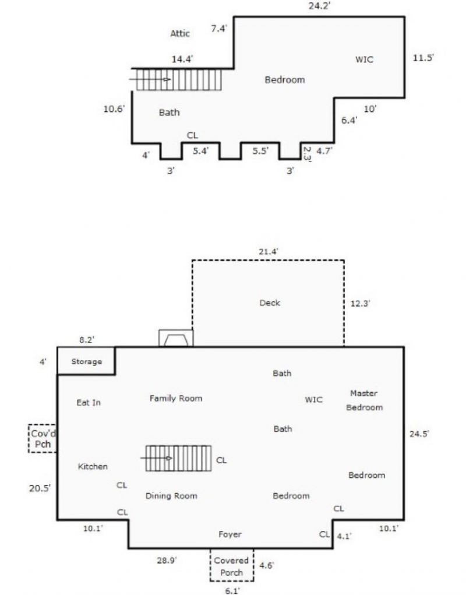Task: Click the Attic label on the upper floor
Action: pos(180,34)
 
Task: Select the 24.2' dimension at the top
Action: pos(320,6)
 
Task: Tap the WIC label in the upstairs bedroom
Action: pos(364,59)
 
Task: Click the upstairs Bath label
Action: pos(169,112)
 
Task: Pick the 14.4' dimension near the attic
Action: pos(183,59)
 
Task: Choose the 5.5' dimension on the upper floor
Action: pos(260,150)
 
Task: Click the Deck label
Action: pos(270,302)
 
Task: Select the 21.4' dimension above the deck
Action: pos(269,251)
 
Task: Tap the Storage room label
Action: pos(86,361)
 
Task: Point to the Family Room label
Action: pos(176,399)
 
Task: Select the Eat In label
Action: pos(89,403)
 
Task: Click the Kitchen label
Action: pos(93,466)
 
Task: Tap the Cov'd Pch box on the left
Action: pos(43,438)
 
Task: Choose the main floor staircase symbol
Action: pos(178,459)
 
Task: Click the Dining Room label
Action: pos(171,496)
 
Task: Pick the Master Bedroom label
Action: pos(365,400)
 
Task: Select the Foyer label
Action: pos(230,534)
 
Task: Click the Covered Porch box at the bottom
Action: pos(232,566)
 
